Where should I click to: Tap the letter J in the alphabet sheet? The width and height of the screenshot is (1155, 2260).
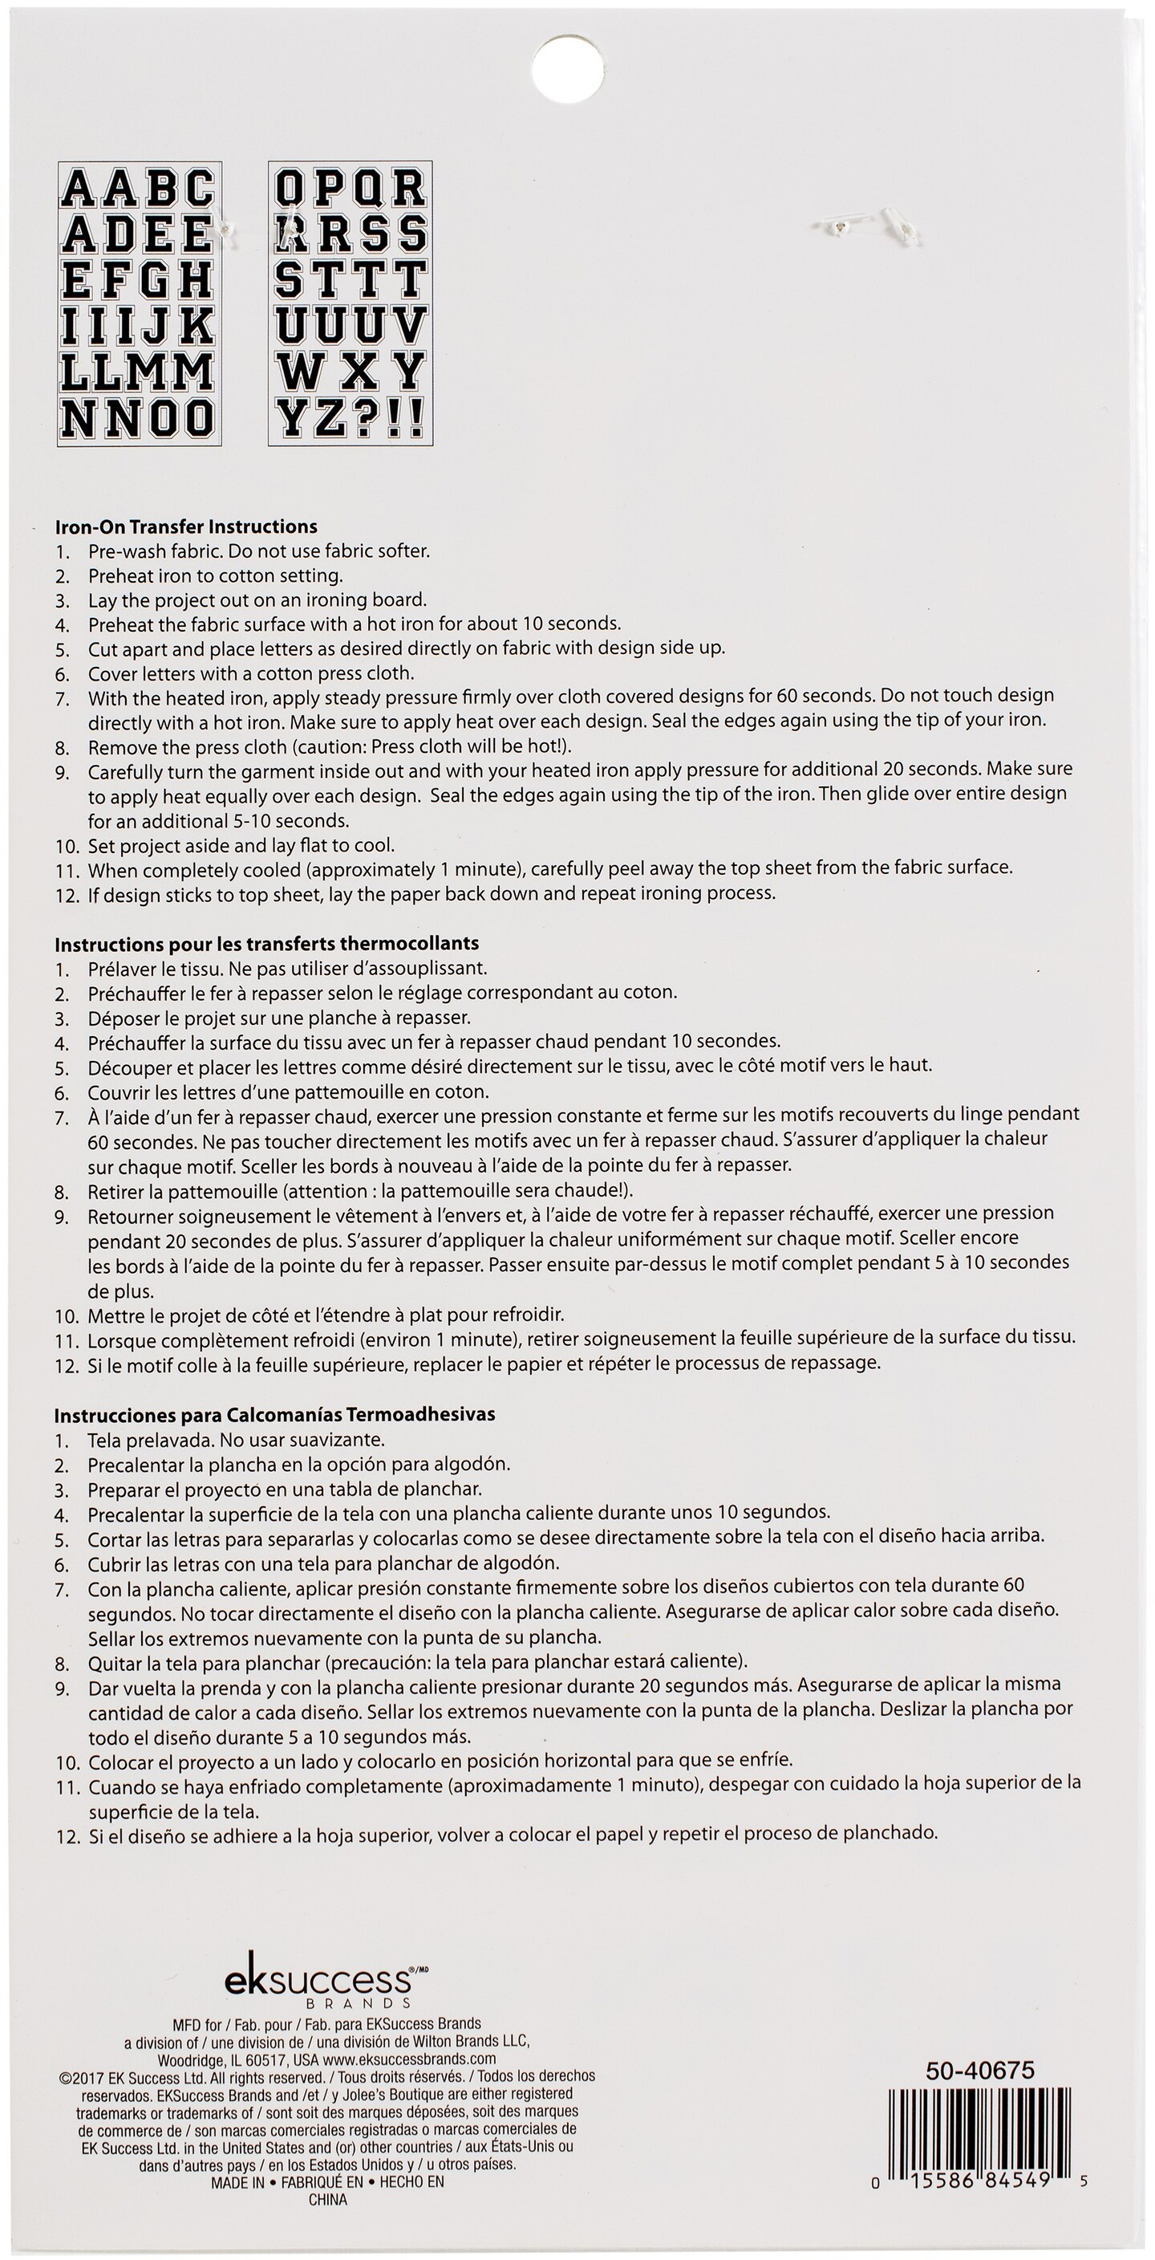[x=159, y=327]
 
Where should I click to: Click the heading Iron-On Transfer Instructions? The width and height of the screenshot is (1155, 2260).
[x=186, y=526]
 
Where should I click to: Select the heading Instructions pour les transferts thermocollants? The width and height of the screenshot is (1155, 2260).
[x=266, y=943]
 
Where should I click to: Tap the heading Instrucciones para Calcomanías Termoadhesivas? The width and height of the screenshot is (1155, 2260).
[x=274, y=1414]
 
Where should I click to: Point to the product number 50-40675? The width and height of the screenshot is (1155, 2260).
[x=979, y=2071]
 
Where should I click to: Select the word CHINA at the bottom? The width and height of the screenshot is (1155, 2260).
[x=327, y=2200]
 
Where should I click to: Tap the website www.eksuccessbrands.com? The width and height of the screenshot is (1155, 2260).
[x=409, y=2059]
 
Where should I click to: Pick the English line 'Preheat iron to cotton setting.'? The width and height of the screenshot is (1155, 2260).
[x=215, y=575]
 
